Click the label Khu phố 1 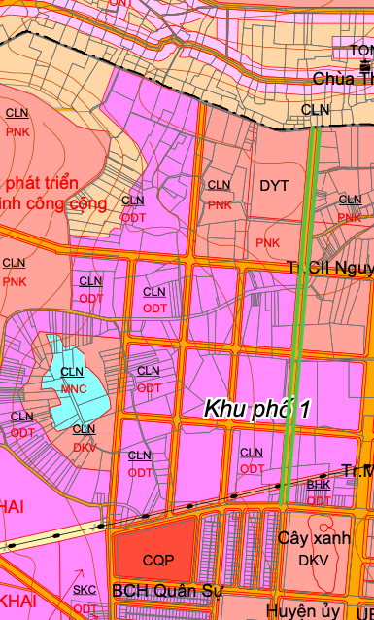click(256, 409)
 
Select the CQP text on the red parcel click(156, 561)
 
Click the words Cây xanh click(313, 538)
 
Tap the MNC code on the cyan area click(74, 388)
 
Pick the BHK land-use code click(319, 484)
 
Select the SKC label click(85, 591)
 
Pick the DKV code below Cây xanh click(314, 560)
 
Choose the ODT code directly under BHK click(319, 499)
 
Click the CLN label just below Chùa click(316, 110)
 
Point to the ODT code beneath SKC click(85, 608)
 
